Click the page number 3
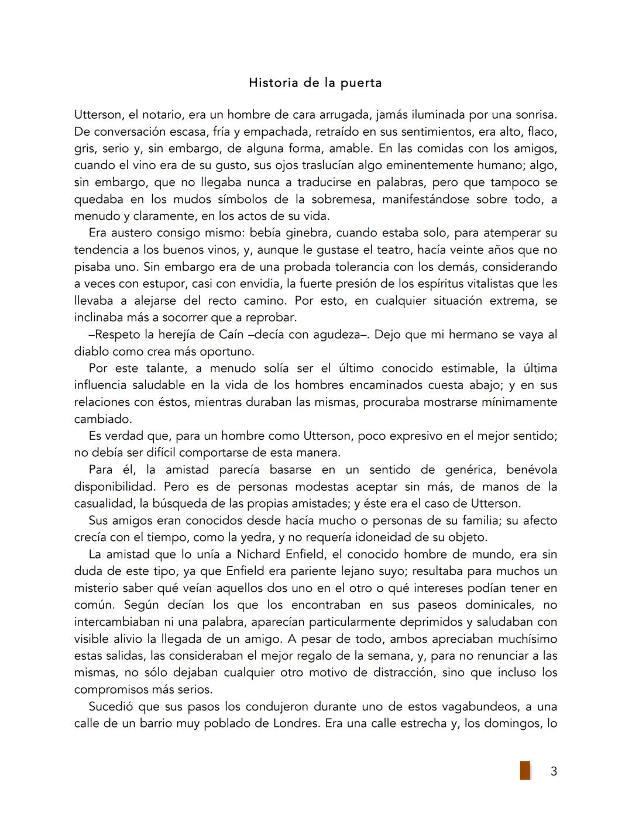pos(553,771)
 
